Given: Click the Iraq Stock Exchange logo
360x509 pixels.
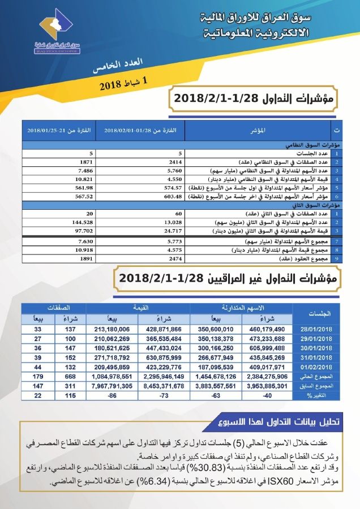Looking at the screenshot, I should point(59,34).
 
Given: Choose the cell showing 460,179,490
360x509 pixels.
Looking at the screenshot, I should point(267,329).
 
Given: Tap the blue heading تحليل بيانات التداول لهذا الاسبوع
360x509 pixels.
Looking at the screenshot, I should point(278,421).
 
